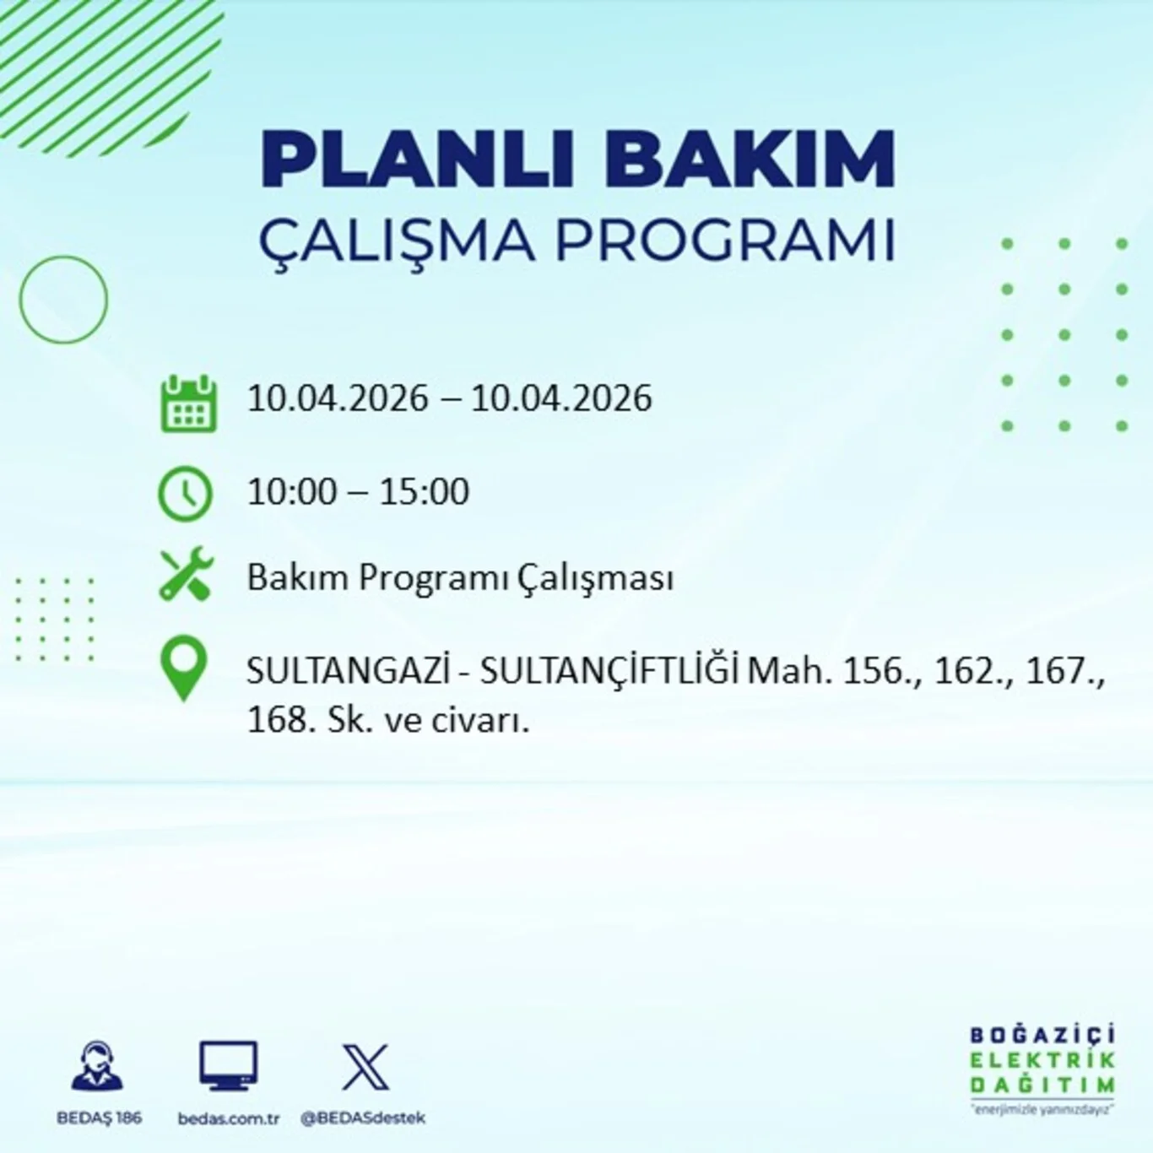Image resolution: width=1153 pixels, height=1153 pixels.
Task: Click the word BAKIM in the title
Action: [x=750, y=160]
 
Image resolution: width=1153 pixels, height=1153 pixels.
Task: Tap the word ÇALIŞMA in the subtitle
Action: [x=397, y=241]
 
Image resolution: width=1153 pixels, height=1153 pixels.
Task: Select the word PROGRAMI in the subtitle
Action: [x=724, y=241]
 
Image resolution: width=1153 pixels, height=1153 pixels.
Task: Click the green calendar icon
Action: [x=188, y=404]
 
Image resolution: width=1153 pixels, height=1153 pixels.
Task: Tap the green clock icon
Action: [x=186, y=493]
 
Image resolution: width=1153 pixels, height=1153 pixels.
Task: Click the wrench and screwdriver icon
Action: [x=187, y=575]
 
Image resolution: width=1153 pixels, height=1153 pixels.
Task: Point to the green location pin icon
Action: [x=184, y=669]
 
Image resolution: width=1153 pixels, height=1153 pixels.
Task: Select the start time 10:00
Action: [x=291, y=492]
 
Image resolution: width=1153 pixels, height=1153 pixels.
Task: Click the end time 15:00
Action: [x=424, y=492]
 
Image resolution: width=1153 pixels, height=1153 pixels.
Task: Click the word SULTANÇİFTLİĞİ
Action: [x=609, y=672]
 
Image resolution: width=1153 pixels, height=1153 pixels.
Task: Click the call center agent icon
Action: [x=98, y=1067]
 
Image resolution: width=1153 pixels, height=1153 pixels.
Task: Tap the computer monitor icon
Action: [x=228, y=1066]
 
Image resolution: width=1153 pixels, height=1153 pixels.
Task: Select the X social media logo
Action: [x=365, y=1067]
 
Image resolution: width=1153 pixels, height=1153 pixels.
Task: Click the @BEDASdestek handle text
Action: [x=363, y=1118]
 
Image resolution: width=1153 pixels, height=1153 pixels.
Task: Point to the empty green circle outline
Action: [x=63, y=300]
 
